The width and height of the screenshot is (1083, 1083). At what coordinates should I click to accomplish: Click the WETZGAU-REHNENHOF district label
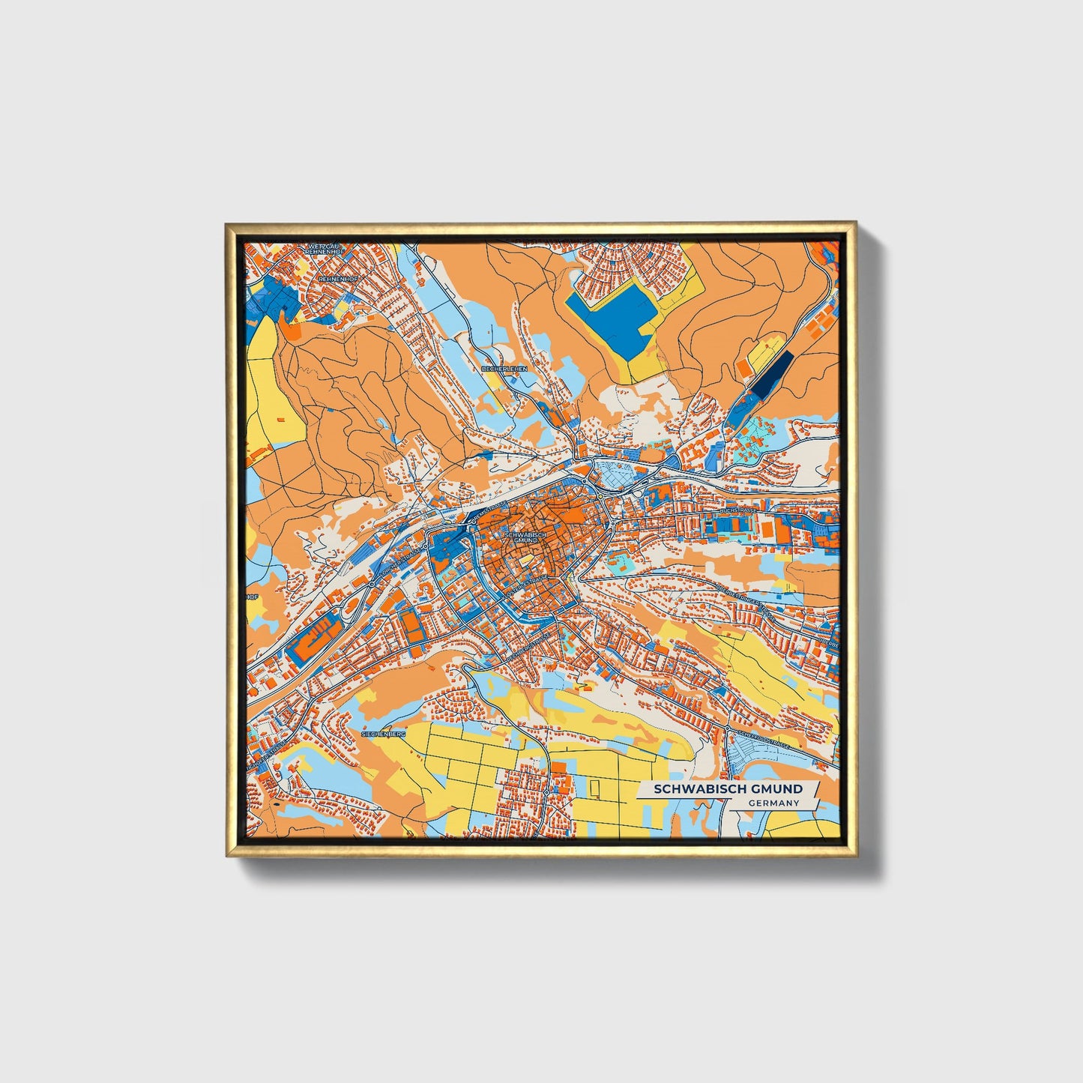(x=324, y=249)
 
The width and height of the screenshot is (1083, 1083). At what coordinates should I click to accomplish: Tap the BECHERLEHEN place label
(x=505, y=369)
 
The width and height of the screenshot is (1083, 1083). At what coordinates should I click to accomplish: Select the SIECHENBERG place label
(x=383, y=734)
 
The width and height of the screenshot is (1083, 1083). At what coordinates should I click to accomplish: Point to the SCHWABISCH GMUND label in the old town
(x=522, y=537)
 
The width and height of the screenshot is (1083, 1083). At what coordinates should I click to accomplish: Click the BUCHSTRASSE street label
(x=738, y=510)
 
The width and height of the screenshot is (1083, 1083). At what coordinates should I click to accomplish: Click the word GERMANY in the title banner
(x=773, y=803)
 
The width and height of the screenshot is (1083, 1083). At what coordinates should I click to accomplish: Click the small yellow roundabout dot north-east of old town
(x=601, y=495)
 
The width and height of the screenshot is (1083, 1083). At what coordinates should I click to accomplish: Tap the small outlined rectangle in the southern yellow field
(x=595, y=788)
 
